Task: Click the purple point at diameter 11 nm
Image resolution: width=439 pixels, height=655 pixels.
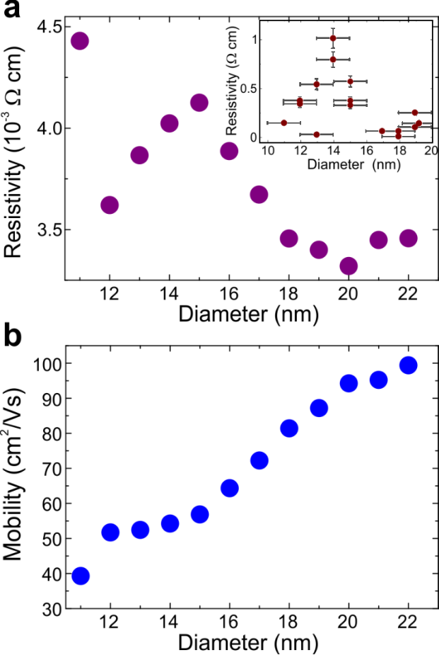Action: click(x=80, y=40)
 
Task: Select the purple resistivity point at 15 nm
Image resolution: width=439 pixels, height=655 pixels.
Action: click(x=199, y=103)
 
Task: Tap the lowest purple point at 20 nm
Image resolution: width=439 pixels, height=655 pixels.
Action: click(x=348, y=266)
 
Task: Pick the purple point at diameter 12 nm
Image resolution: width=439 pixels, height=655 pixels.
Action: click(x=110, y=205)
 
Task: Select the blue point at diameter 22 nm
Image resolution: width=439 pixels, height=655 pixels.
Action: click(x=408, y=365)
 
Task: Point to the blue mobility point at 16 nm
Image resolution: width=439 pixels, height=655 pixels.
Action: click(x=229, y=488)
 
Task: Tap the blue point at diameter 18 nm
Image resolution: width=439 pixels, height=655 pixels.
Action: click(x=288, y=428)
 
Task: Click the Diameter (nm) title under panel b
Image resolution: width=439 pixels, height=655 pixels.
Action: click(x=247, y=643)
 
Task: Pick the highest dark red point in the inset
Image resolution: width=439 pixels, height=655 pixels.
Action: click(x=332, y=38)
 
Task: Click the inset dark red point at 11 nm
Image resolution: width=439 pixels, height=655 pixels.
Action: click(x=283, y=123)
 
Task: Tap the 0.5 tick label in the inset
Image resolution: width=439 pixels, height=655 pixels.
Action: click(x=250, y=89)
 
